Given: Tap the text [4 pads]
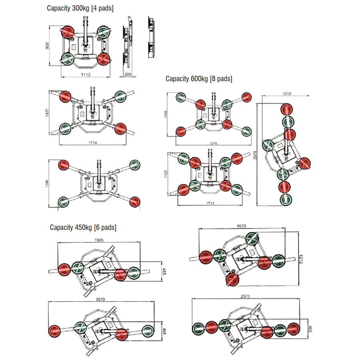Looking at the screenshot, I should coord(102,8).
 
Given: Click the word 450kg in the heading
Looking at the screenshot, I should coord(83,228).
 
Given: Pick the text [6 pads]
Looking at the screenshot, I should coord(105,228).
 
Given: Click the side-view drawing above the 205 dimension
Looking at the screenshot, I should coord(128,42).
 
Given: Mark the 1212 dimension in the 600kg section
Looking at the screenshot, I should coord(285,94).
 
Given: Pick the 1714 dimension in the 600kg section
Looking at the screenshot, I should coord(210,204).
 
